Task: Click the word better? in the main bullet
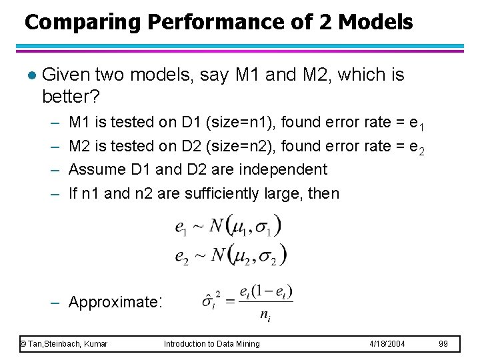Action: point(71,97)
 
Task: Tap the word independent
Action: point(285,170)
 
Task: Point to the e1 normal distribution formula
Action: point(228,226)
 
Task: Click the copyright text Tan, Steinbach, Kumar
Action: point(64,344)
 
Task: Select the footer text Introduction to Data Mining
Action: point(212,344)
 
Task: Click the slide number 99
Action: point(444,344)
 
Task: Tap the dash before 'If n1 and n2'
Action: point(54,194)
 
